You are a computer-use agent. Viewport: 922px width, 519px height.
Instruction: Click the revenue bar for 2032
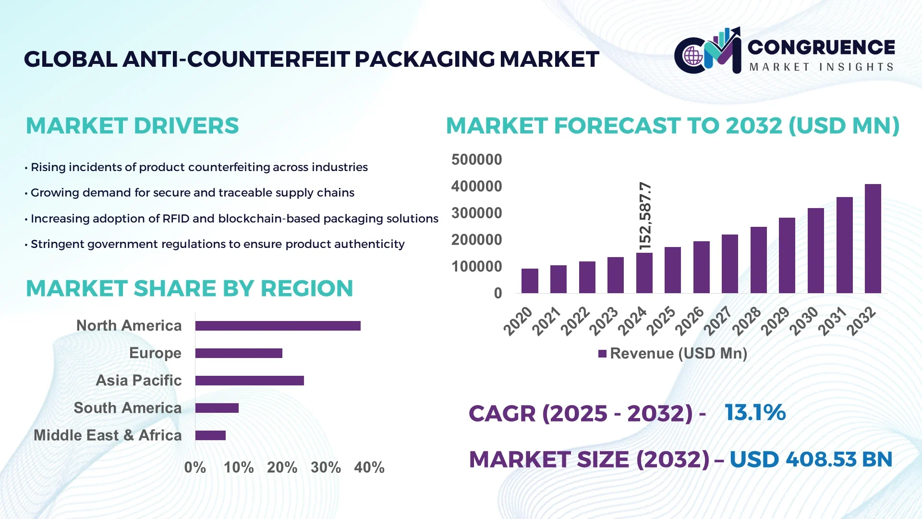click(873, 239)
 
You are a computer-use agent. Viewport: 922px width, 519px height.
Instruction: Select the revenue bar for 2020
click(530, 281)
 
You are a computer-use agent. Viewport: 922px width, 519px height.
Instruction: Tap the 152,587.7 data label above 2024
click(645, 216)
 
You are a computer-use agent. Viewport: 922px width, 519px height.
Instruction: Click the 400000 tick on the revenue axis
click(476, 186)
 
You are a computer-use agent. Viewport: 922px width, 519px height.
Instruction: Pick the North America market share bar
click(278, 326)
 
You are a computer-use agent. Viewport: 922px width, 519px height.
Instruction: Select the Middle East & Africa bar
click(210, 435)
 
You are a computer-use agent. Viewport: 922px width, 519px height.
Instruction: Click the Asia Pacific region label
click(139, 381)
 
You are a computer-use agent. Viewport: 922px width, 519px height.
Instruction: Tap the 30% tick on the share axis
click(326, 468)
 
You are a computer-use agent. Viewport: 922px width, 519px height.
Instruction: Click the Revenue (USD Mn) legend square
click(602, 354)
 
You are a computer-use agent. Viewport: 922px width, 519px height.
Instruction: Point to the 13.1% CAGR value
click(755, 413)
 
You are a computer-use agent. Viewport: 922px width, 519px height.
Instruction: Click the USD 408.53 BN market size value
click(811, 459)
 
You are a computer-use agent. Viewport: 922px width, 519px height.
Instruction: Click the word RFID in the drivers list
click(176, 219)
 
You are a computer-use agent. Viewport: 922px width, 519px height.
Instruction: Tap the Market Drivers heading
click(132, 126)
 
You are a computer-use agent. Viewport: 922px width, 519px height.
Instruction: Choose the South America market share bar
click(217, 408)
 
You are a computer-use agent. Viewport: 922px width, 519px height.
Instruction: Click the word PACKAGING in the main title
click(425, 60)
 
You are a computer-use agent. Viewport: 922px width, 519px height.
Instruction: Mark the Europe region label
click(155, 353)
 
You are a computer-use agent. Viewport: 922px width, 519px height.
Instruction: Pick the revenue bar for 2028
click(758, 260)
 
